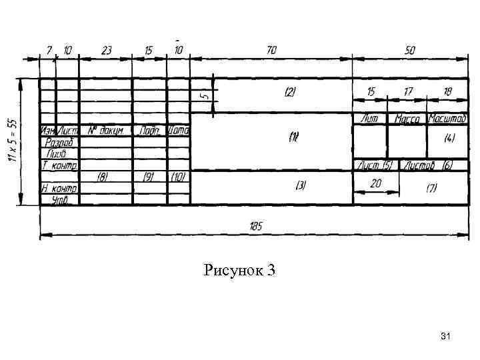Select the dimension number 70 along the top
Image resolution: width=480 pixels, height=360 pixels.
click(271, 51)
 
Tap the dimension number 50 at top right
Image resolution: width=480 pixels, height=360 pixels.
click(409, 51)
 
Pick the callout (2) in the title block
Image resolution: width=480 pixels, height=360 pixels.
click(290, 91)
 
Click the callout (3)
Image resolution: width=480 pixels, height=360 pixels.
click(301, 185)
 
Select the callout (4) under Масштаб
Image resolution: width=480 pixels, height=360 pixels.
click(449, 138)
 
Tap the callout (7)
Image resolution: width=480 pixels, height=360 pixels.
click(431, 188)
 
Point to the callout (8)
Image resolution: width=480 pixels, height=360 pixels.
click(103, 177)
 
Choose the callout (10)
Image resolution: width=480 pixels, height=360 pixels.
click(178, 177)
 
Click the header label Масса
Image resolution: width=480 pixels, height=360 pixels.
click(407, 119)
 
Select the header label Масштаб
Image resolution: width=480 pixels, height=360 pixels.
click(447, 119)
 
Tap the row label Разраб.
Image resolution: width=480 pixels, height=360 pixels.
click(59, 142)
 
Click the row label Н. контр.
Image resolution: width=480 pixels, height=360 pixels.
click(59, 188)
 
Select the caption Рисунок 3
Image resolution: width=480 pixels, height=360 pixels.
click(240, 271)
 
